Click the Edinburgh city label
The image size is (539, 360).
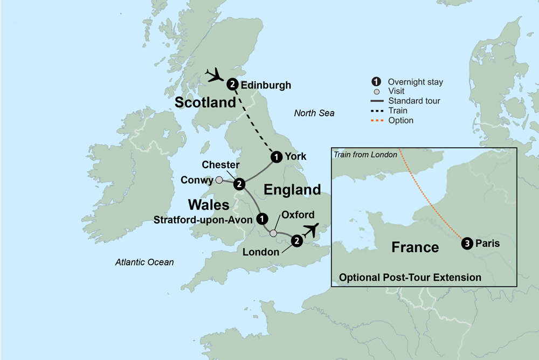[x=266, y=85]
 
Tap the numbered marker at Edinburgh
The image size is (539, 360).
[x=232, y=84]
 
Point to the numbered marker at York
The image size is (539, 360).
[x=276, y=157]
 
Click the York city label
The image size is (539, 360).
[x=296, y=157]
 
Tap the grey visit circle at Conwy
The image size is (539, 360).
[x=219, y=180]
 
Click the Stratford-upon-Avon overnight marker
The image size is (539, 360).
[x=262, y=219]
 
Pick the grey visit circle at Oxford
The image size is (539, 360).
[x=273, y=233]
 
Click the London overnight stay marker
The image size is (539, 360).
[x=296, y=241]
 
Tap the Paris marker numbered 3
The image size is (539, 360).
[x=467, y=244]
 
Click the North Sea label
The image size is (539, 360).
[x=314, y=113]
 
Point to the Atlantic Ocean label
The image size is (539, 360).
[x=144, y=262]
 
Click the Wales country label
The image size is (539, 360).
[x=209, y=205]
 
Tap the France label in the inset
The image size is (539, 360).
[x=414, y=247]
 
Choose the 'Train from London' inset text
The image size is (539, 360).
[x=365, y=155]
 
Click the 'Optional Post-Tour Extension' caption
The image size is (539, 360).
[x=410, y=278]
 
